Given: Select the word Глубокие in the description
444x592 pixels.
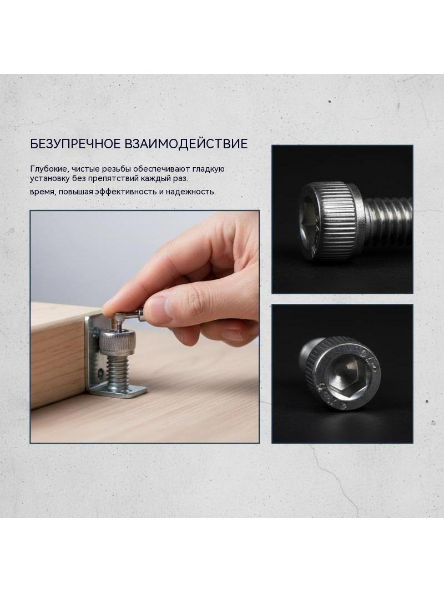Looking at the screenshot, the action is pyautogui.click(x=49, y=169).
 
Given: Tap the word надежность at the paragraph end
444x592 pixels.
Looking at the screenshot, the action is pyautogui.click(x=191, y=192).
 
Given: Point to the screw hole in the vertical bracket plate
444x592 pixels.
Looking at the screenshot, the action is pyautogui.click(x=99, y=374).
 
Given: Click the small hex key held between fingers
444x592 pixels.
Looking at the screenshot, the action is pyautogui.click(x=128, y=317).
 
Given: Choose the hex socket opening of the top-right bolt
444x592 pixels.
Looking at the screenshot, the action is pyautogui.click(x=309, y=223).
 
